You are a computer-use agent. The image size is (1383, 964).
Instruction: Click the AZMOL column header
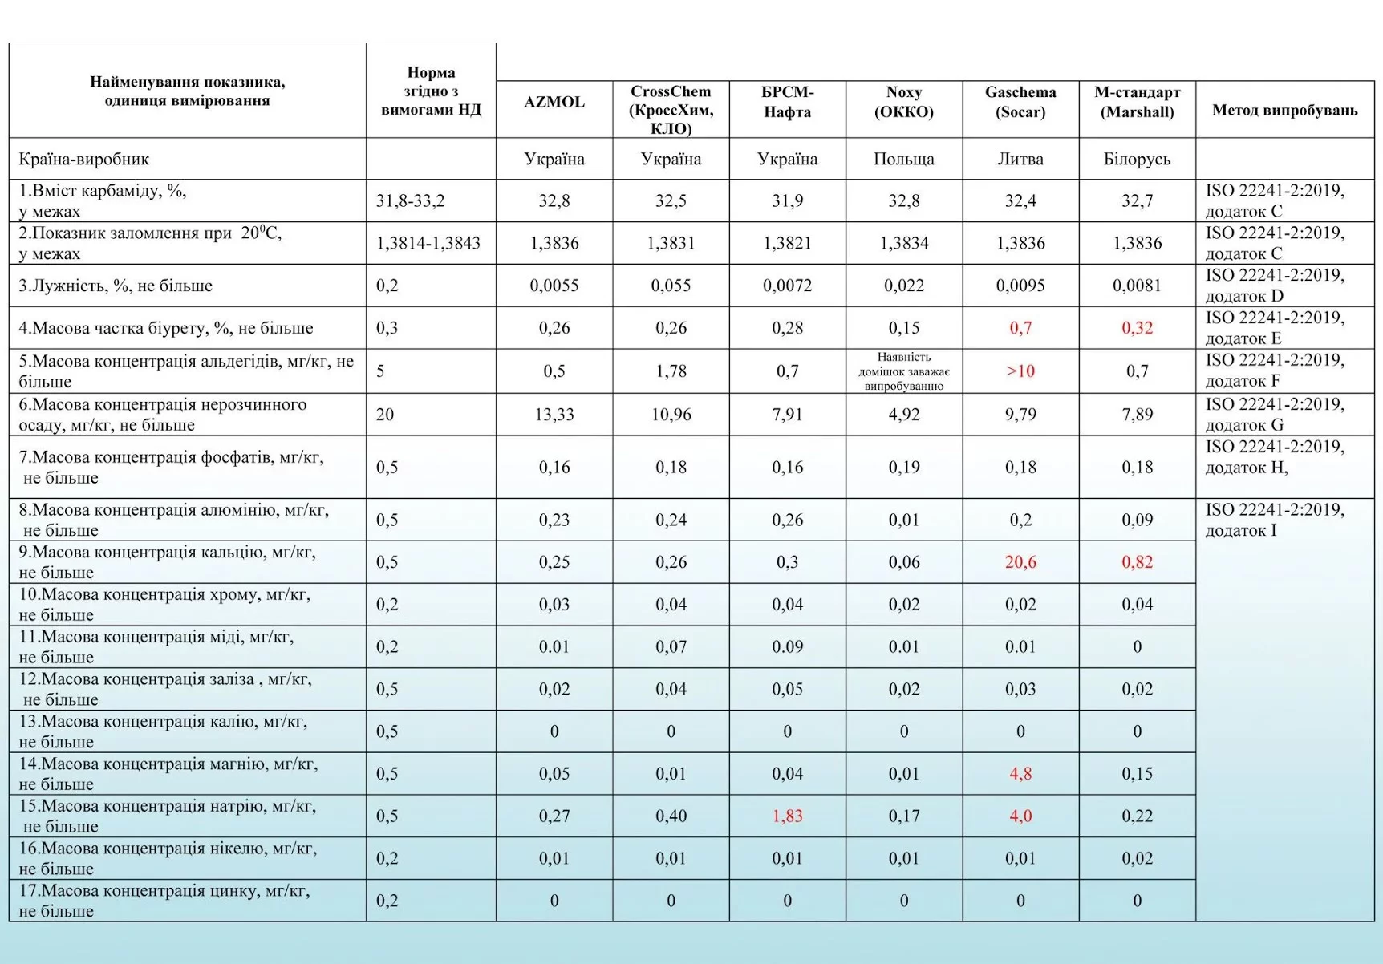(554, 103)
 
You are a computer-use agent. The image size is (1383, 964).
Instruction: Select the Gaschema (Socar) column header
(1020, 103)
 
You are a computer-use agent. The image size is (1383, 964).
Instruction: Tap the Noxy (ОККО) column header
(903, 103)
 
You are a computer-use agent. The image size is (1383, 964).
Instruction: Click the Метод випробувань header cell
(1284, 110)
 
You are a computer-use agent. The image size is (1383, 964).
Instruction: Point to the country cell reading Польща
(903, 159)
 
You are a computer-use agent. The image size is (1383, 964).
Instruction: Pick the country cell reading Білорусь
(1136, 159)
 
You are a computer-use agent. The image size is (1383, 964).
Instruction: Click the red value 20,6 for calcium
(1020, 562)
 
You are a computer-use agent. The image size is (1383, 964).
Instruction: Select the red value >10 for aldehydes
(1020, 371)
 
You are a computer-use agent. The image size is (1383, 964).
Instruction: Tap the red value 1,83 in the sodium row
(787, 816)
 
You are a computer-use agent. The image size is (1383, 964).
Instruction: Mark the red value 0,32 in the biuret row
(1136, 328)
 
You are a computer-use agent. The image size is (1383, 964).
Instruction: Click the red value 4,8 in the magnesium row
(1020, 774)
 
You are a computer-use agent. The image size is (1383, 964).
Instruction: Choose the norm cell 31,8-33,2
(410, 200)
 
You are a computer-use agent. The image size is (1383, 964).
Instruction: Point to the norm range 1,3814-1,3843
(428, 243)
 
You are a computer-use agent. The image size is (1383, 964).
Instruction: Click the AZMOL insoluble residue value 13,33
(554, 415)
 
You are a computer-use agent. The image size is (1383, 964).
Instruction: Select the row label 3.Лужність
(116, 286)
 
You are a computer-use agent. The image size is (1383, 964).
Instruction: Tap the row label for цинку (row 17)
(164, 901)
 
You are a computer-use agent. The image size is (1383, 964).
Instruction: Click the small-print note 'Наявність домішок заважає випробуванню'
(903, 371)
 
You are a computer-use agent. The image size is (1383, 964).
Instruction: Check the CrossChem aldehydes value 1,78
(670, 371)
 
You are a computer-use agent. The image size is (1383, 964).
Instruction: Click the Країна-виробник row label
(83, 159)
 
